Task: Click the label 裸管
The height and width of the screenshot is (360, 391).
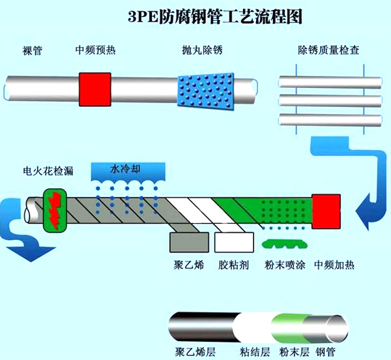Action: [x=33, y=50]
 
